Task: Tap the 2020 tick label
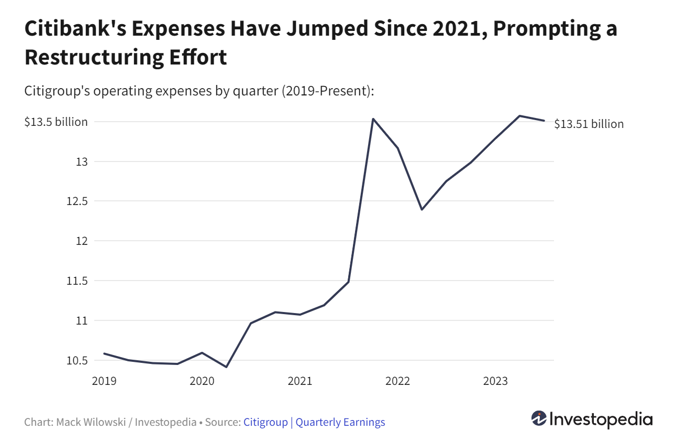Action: point(202,381)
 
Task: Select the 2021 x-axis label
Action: point(300,381)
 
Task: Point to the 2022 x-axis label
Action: point(397,381)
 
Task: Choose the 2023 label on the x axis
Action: point(495,381)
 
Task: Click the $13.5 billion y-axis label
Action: point(56,122)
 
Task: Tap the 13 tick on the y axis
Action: point(81,162)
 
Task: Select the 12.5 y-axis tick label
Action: point(76,201)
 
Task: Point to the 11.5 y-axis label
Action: point(76,281)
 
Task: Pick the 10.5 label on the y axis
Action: point(76,360)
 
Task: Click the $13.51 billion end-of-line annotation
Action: point(589,124)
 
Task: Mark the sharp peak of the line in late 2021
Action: point(373,119)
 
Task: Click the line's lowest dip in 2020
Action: point(226,367)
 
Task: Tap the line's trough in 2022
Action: point(422,209)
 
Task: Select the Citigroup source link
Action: point(265,422)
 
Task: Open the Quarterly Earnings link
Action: point(340,422)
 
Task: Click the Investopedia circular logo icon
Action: point(539,418)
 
